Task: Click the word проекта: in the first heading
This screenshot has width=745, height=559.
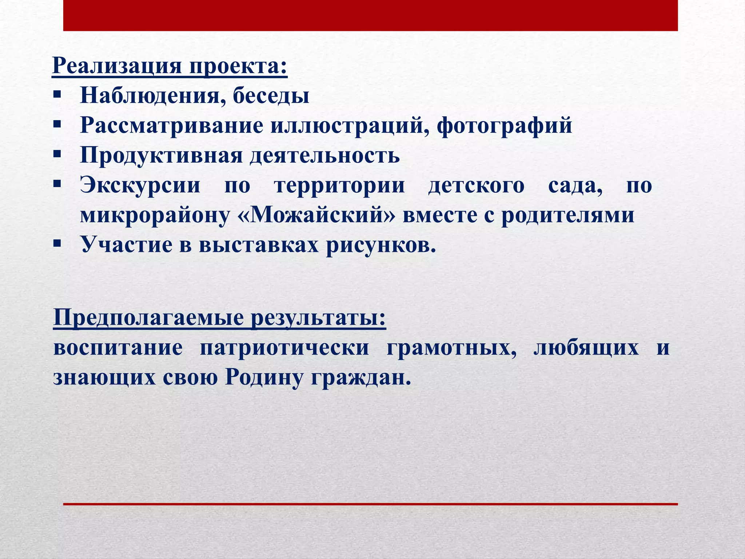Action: coord(238,66)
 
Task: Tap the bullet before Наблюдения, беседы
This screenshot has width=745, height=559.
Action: coord(57,95)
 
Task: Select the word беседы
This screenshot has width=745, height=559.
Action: coord(271,95)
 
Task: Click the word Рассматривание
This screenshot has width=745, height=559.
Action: coord(171,126)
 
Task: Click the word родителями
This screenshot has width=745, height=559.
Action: coord(568,215)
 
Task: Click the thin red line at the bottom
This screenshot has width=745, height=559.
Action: coord(370,504)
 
